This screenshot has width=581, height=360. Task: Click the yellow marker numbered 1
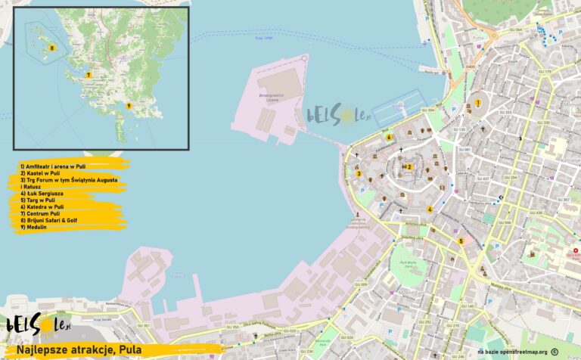tap(478, 102)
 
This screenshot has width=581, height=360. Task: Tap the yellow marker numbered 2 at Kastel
tap(409, 166)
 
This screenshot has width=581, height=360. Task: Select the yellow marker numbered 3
tap(358, 174)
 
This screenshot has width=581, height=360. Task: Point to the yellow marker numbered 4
tap(430, 209)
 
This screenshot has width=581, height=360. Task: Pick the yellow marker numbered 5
tap(461, 241)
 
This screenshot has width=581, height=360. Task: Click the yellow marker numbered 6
tap(389, 137)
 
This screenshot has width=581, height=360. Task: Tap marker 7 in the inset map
tap(89, 75)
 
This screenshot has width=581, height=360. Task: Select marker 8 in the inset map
tap(51, 48)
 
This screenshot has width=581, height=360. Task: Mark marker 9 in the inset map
tap(129, 106)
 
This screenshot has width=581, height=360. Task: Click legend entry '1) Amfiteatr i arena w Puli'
tap(53, 166)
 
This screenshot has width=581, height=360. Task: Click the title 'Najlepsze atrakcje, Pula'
tap(89, 350)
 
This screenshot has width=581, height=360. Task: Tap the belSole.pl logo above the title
tap(38, 324)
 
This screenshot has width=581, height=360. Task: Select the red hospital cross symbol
tap(575, 251)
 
